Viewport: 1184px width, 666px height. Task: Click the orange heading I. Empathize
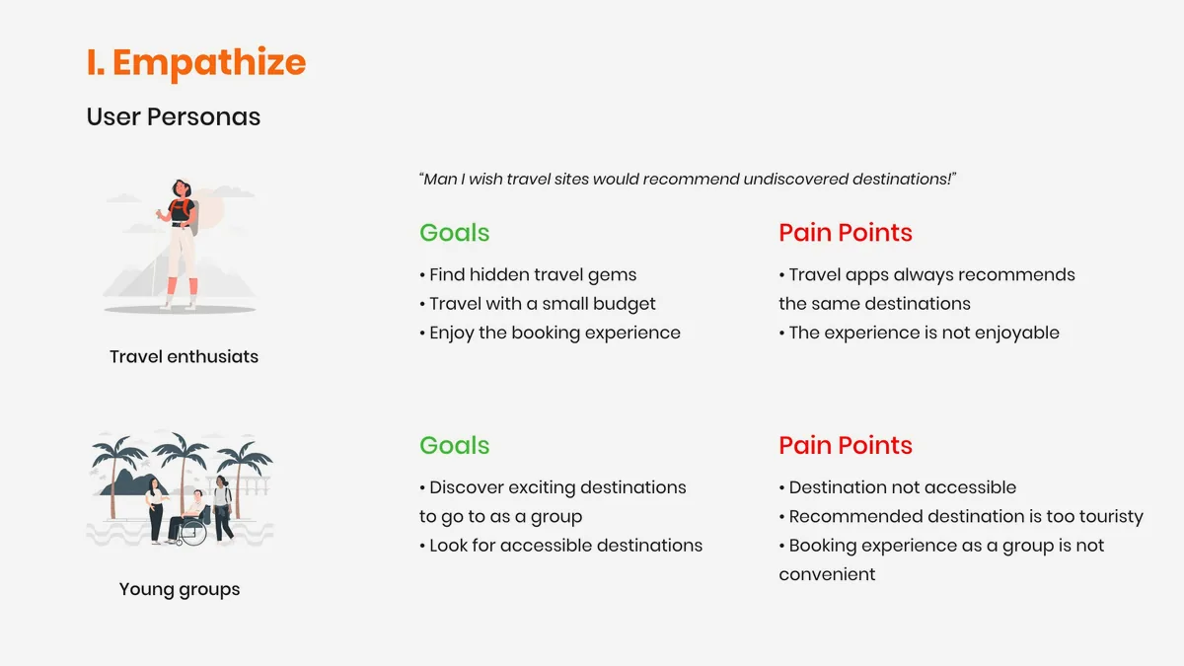pos(196,63)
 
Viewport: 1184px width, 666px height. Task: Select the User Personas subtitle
pos(174,116)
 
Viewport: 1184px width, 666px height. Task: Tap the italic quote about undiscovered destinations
pos(688,180)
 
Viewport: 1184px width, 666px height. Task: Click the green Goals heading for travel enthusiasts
pos(455,233)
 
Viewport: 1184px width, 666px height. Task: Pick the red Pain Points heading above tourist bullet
pos(846,445)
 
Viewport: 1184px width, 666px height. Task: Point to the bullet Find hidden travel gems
pos(528,275)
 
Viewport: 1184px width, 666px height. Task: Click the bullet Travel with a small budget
pos(538,304)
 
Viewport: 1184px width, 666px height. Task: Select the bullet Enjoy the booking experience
pos(550,333)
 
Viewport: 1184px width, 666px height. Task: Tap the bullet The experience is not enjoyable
pos(920,333)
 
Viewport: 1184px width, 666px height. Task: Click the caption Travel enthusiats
pos(184,357)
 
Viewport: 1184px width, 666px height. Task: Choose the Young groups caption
pos(180,589)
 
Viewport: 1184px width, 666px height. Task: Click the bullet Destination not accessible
pos(898,487)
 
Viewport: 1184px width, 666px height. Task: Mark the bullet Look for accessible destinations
pos(560,546)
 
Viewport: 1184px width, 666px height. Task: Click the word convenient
pos(827,574)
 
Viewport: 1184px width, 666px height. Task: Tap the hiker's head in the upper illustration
pos(182,188)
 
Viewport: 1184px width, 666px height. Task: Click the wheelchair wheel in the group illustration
pos(193,532)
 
